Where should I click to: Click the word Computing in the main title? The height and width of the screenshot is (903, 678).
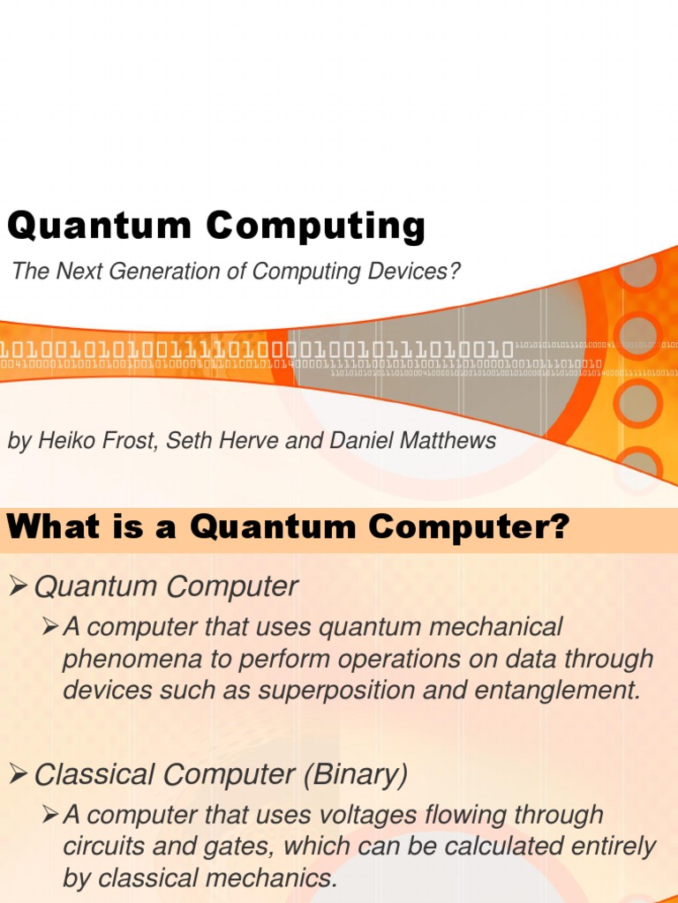316,227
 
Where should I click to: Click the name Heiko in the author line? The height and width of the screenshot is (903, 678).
64,441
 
